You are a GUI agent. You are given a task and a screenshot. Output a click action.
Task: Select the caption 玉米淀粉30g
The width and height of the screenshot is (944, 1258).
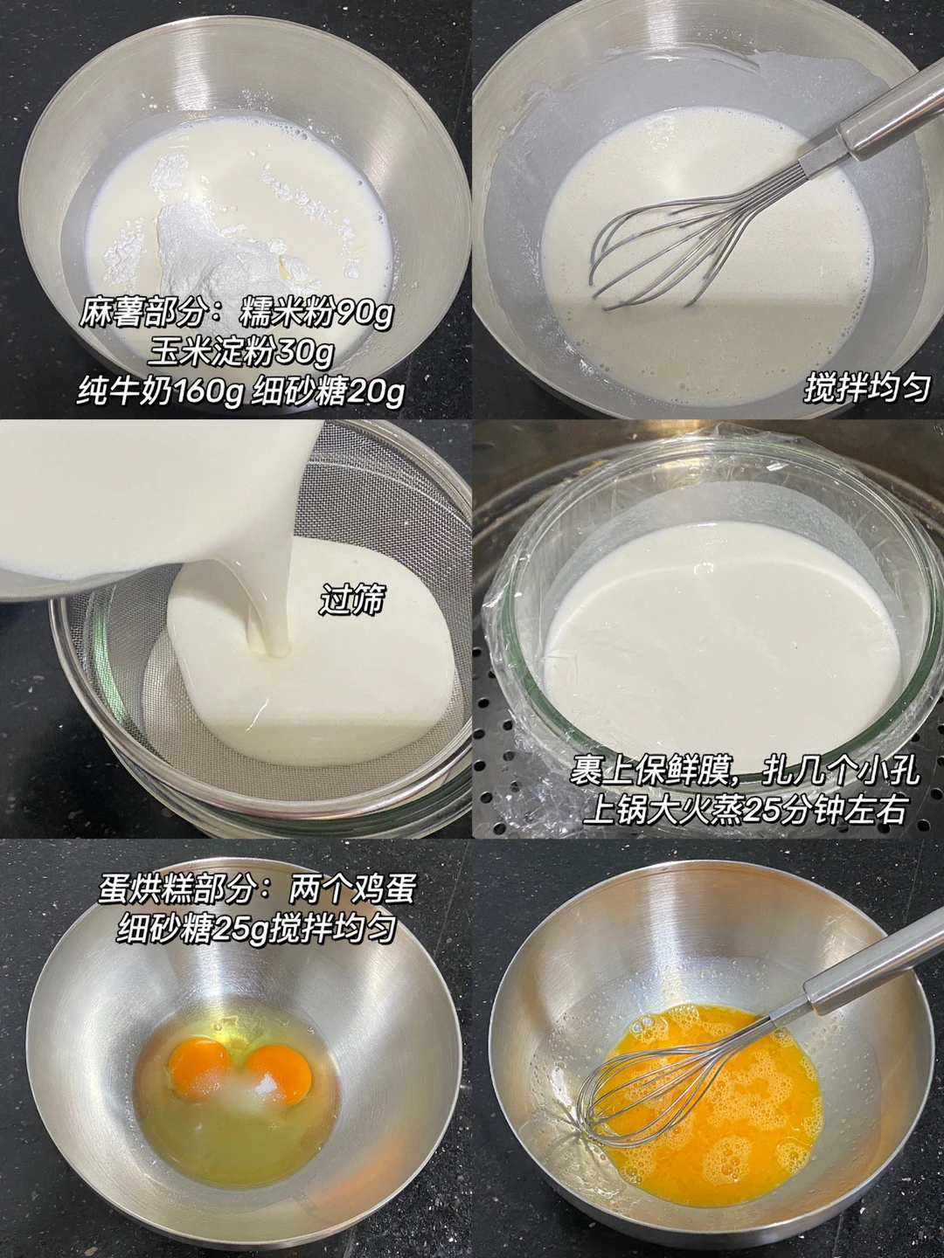tap(239, 352)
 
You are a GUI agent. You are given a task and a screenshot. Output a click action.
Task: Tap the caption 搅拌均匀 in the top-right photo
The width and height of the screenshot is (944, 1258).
tap(866, 389)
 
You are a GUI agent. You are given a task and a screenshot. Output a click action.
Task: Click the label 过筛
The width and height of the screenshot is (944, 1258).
tap(351, 599)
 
